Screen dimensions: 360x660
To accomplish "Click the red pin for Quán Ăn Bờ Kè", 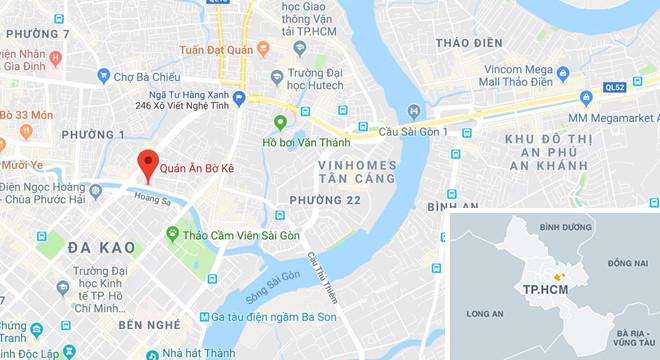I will [x=148, y=163].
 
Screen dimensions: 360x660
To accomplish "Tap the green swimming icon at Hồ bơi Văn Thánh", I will [x=281, y=123].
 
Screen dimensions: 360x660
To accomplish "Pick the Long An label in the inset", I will [x=485, y=311].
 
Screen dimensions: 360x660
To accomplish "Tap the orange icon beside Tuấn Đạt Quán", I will [x=263, y=48].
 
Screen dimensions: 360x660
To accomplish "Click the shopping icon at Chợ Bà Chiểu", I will [x=103, y=74].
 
